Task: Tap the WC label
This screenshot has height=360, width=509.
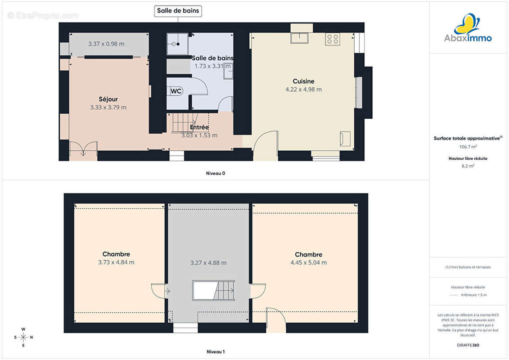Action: click(x=176, y=91)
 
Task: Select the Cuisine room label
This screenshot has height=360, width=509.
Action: click(x=303, y=81)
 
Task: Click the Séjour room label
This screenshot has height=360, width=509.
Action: click(x=108, y=99)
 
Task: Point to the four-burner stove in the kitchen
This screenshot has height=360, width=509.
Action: click(x=333, y=39)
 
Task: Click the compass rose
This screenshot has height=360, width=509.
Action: click(x=23, y=337)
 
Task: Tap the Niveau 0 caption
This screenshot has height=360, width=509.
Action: click(x=216, y=173)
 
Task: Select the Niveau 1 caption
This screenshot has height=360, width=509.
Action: click(x=216, y=351)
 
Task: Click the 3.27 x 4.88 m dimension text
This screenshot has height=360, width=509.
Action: click(x=208, y=263)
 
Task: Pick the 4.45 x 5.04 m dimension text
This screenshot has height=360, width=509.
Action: click(x=309, y=263)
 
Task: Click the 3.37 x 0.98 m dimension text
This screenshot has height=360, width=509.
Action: click(x=106, y=44)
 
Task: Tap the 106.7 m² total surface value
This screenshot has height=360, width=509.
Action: click(x=468, y=147)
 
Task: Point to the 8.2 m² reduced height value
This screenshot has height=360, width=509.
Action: click(x=468, y=166)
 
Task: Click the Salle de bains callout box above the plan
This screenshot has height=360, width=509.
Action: click(x=178, y=11)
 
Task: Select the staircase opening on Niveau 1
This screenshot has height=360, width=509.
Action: click(x=214, y=291)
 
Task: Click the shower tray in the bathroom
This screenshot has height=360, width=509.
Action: click(x=177, y=44)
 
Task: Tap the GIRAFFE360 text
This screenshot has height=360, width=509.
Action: click(x=468, y=345)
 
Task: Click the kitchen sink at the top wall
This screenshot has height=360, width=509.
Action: click(x=299, y=38)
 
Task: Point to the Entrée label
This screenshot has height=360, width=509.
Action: click(x=199, y=127)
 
